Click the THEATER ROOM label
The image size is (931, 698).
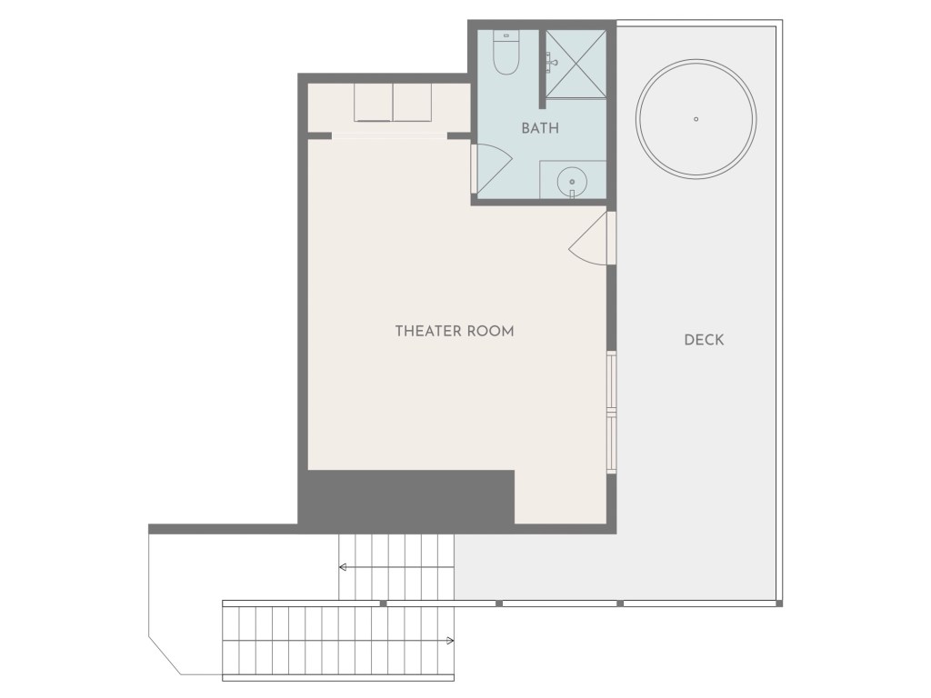[x=455, y=331]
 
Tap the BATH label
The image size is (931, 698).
[x=540, y=128]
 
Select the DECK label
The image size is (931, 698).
[x=705, y=340]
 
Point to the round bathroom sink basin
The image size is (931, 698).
[x=573, y=181]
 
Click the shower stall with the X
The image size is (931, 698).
[x=576, y=65]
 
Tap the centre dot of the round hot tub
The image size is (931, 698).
[x=696, y=119]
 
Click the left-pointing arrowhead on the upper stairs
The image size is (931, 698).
[x=343, y=567]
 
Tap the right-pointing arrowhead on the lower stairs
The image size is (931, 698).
[x=451, y=641]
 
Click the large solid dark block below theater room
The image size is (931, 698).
[x=406, y=497]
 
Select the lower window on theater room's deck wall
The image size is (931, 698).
[x=611, y=443]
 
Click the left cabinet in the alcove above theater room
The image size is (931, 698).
[x=374, y=102]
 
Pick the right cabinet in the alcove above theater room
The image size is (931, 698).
[x=412, y=102]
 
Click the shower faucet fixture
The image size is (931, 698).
[x=552, y=60]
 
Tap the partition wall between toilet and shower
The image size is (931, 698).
[x=542, y=69]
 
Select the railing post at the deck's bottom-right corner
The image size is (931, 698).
[x=779, y=603]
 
